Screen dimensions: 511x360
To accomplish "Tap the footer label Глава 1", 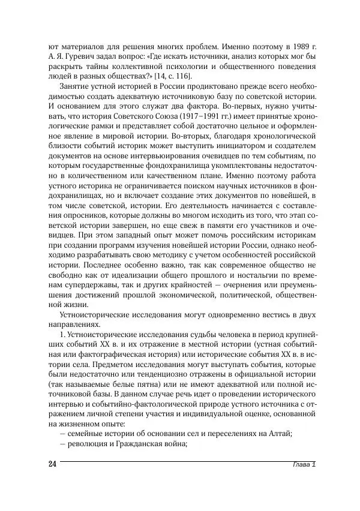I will point(301,466).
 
